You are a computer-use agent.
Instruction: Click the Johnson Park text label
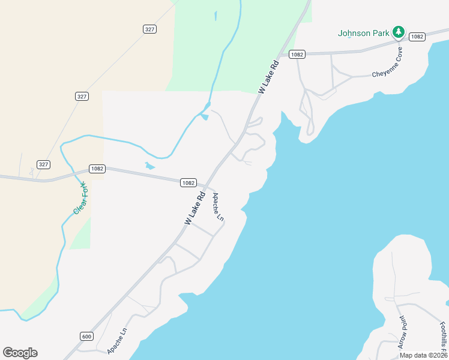click(x=364, y=33)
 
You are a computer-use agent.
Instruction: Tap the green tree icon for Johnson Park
click(x=397, y=31)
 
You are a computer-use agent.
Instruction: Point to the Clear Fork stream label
click(x=80, y=198)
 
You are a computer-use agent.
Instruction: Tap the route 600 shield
click(x=86, y=337)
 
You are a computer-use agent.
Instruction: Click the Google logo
click(x=20, y=353)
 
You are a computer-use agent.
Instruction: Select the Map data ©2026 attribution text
click(x=423, y=355)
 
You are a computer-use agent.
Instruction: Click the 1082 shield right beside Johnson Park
click(x=417, y=37)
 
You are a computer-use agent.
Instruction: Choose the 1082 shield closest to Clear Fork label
click(x=97, y=169)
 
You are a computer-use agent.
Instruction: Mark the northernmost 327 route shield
click(x=150, y=29)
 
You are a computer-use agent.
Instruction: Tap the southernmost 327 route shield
click(x=43, y=164)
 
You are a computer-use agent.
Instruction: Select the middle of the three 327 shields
click(x=82, y=96)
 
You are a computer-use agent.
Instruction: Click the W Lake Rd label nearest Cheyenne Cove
click(x=269, y=77)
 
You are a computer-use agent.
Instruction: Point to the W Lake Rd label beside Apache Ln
click(x=195, y=209)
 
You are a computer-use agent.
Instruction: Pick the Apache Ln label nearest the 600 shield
click(x=117, y=340)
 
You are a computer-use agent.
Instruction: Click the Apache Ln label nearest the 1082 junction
click(x=217, y=207)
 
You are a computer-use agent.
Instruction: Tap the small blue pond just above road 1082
click(x=149, y=166)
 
